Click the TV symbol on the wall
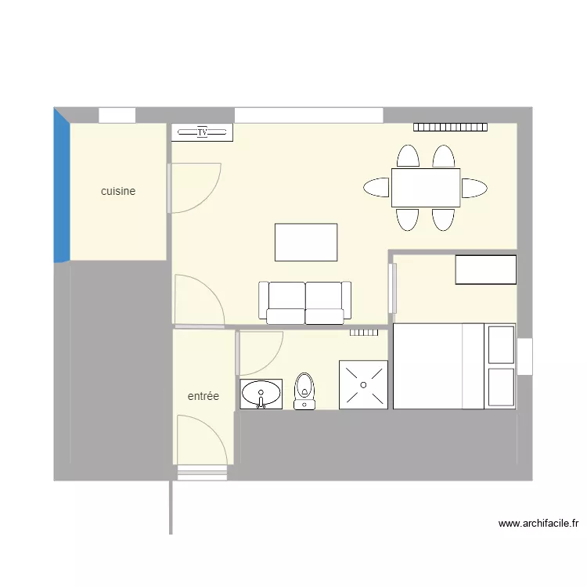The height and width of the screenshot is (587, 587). click(202, 132)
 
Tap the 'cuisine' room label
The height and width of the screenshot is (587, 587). click(118, 191)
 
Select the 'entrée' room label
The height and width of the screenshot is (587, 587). click(203, 397)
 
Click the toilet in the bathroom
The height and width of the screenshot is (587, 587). click(304, 390)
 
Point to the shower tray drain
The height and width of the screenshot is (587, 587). click(363, 384)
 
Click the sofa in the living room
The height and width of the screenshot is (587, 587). click(304, 302)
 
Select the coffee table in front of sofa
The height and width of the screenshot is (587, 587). click(306, 242)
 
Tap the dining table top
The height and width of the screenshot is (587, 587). click(425, 187)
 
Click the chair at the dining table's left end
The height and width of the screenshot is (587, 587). click(377, 188)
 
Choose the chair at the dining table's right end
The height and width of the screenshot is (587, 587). click(474, 188)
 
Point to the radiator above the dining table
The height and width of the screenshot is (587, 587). click(451, 127)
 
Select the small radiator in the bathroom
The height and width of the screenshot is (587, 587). click(364, 332)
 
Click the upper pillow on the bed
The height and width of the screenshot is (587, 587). click(501, 344)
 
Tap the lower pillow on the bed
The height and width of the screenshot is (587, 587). click(501, 387)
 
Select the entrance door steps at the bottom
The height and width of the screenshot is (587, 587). click(202, 472)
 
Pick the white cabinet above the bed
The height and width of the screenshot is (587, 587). click(486, 270)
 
